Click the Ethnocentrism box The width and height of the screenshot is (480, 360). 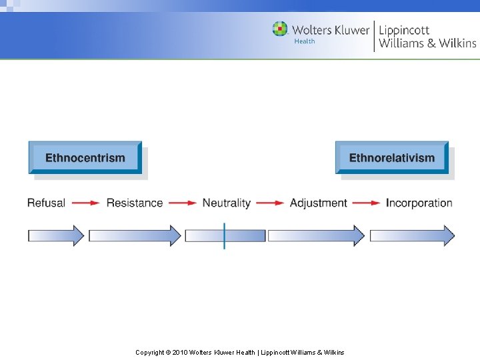(x=85, y=158)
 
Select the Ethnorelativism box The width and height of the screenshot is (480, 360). (x=392, y=158)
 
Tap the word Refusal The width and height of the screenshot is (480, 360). (x=46, y=203)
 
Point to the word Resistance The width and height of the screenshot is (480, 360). (x=135, y=203)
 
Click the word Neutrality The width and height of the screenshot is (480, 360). (x=227, y=203)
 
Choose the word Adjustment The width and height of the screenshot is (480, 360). (x=319, y=203)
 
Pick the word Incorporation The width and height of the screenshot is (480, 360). (x=419, y=203)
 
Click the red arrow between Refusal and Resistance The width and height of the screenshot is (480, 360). (x=86, y=203)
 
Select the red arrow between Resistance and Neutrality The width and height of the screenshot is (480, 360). (x=183, y=203)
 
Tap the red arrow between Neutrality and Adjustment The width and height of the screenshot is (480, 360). (x=270, y=203)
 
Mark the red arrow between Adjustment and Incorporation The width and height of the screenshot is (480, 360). (x=366, y=203)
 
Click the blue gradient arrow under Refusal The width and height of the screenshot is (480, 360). (x=56, y=235)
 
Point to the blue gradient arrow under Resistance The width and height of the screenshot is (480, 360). (x=135, y=235)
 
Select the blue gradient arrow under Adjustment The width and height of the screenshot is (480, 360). (x=316, y=235)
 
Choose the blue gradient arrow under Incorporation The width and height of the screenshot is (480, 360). (x=412, y=235)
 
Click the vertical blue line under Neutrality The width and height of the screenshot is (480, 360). (x=225, y=235)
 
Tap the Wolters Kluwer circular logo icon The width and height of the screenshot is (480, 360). (x=280, y=29)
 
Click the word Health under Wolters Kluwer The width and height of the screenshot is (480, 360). (x=305, y=41)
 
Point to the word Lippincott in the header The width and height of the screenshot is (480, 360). (x=405, y=30)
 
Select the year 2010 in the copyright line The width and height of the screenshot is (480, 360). (x=180, y=352)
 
